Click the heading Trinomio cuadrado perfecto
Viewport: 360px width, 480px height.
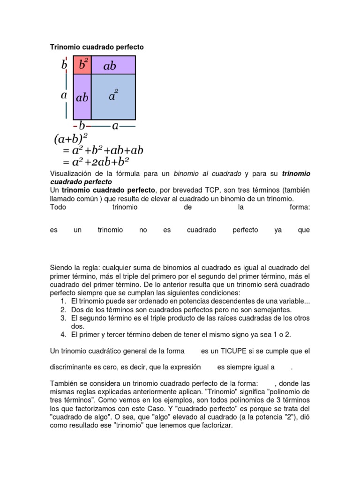[97, 47]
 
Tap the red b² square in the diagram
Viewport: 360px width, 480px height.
[82, 65]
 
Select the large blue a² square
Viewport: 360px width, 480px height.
[113, 97]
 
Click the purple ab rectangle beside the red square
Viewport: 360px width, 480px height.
[113, 66]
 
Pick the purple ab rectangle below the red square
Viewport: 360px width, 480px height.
[82, 97]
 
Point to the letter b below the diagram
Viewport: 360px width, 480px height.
[82, 126]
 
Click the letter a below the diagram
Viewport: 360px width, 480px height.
[115, 126]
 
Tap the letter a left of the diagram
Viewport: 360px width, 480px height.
[64, 95]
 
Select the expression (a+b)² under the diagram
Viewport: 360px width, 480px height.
[71, 139]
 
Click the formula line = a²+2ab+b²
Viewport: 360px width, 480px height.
[96, 162]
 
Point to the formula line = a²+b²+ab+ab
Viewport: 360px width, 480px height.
[103, 150]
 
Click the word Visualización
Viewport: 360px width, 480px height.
[70, 174]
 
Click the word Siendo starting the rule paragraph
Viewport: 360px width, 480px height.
[61, 268]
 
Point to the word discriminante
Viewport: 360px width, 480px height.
[71, 367]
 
